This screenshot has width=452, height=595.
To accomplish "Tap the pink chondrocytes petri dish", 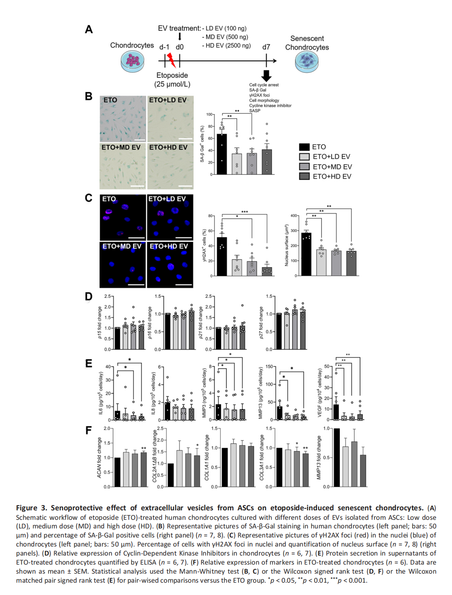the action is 132,61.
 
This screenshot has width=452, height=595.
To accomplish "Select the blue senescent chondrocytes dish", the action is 307,62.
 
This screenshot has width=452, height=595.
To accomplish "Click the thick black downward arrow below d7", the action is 266,76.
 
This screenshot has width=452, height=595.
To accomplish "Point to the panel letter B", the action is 89,97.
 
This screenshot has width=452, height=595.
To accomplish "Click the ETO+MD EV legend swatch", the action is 304,166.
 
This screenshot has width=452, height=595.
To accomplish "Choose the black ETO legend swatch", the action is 304,147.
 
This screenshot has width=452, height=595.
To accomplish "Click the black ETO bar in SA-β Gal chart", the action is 221,154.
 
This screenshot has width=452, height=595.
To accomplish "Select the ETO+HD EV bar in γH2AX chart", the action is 267,272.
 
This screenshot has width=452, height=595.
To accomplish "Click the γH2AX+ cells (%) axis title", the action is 205,245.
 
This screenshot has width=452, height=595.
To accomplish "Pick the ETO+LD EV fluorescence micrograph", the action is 170,217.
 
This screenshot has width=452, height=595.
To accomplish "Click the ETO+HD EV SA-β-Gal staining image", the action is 171,166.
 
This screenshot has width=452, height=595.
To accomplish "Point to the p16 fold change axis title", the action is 150,323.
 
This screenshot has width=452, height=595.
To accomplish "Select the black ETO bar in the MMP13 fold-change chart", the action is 337,458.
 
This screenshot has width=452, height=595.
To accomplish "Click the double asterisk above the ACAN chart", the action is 144,448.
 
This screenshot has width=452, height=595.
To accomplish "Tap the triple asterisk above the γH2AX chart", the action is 244,212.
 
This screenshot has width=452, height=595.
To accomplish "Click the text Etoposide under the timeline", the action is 172,75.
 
